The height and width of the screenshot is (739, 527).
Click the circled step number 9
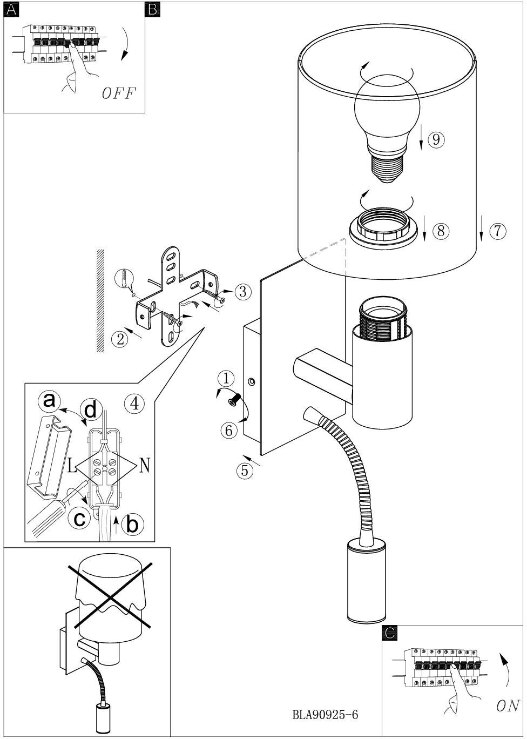pos(436,139)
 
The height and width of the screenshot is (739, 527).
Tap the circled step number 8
pos(441,230)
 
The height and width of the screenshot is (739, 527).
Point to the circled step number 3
pos(243,292)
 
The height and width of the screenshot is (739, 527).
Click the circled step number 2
pos(120,339)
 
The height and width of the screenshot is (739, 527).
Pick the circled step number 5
pos(245,470)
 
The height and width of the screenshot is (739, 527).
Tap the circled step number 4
pos(135,403)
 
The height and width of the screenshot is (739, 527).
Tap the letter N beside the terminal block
pos(145,466)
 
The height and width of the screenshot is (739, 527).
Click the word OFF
pos(119,93)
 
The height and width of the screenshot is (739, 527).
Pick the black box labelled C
pos(389,632)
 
